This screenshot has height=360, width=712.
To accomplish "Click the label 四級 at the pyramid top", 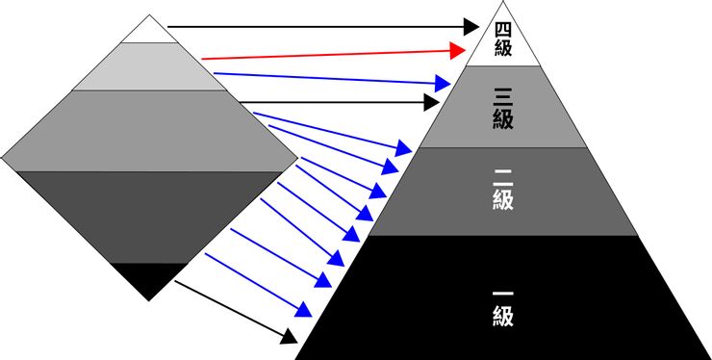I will click(501, 38).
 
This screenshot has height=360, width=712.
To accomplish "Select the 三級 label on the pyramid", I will click(501, 108).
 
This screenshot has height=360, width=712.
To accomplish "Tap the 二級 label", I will click(501, 191).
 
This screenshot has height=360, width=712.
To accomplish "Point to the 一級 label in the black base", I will click(501, 302).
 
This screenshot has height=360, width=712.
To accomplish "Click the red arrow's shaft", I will click(327, 54).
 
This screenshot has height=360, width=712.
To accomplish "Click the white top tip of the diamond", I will click(149, 31).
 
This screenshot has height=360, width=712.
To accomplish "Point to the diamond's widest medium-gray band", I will click(149, 131).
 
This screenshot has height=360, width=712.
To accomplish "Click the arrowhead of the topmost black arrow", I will click(470, 26).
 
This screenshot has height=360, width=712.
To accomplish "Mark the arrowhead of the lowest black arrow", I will click(288, 336).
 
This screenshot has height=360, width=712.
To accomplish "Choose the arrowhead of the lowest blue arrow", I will click(304, 311).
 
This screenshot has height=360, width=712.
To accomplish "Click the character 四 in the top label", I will click(501, 28).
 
